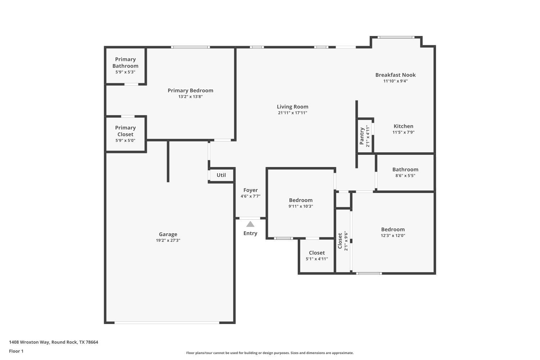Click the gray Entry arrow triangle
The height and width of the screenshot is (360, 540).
point(250,224)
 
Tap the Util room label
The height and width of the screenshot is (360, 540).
point(221,175)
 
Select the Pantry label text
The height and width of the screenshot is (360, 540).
point(362,136)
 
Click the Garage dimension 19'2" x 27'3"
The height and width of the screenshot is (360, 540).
point(168,240)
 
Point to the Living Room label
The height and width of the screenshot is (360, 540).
point(292,107)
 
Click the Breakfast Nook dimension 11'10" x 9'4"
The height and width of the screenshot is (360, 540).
point(395,81)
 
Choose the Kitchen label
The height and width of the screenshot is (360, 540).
point(403,126)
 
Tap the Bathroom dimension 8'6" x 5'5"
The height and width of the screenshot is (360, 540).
point(405,176)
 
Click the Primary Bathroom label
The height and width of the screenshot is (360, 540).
point(125,63)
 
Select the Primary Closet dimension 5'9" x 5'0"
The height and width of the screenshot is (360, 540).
point(125,140)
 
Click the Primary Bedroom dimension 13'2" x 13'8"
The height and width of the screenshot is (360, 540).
point(190,96)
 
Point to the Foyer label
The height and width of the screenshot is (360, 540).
point(250,190)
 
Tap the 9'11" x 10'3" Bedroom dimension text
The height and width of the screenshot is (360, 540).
point(301,206)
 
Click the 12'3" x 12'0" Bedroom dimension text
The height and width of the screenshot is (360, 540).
point(393,235)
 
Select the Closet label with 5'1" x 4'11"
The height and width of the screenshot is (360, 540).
point(317,253)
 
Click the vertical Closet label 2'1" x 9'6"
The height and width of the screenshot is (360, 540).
point(340,241)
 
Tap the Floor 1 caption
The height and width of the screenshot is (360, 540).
point(16,351)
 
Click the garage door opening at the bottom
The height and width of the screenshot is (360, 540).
point(167,323)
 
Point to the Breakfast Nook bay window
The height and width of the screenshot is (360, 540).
point(396,37)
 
